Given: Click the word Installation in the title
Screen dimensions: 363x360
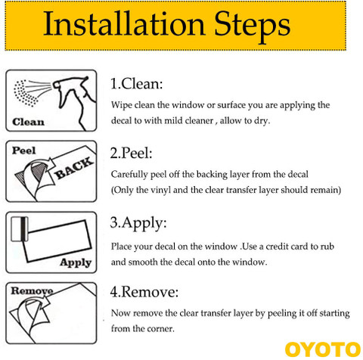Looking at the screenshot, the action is click(124, 24).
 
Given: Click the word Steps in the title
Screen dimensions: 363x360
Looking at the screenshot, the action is click(252, 26).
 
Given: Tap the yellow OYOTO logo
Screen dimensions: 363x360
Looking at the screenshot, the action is click(323, 349).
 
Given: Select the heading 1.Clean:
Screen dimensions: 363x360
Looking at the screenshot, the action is click(136, 83).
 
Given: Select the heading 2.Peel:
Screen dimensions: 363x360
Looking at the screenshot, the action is click(131, 153).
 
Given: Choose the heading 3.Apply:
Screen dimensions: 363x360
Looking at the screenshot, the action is click(138, 223).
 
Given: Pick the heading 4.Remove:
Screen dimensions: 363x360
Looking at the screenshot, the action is click(144, 292).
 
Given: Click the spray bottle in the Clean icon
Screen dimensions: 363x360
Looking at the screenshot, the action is click(75, 101).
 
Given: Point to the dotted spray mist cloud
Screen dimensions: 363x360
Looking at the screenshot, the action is click(24, 93).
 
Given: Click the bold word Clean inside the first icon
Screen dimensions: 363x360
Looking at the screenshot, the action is click(28, 122).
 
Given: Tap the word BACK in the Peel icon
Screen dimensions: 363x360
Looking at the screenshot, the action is click(73, 168).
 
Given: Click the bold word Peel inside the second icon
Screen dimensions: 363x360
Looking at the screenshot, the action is click(23, 151).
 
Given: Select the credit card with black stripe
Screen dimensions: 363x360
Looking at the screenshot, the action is click(20, 229).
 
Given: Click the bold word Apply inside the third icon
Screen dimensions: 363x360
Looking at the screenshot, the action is click(76, 262).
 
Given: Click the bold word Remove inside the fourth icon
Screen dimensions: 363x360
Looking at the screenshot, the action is click(32, 291).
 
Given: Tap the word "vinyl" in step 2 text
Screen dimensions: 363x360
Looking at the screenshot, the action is click(160, 190).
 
